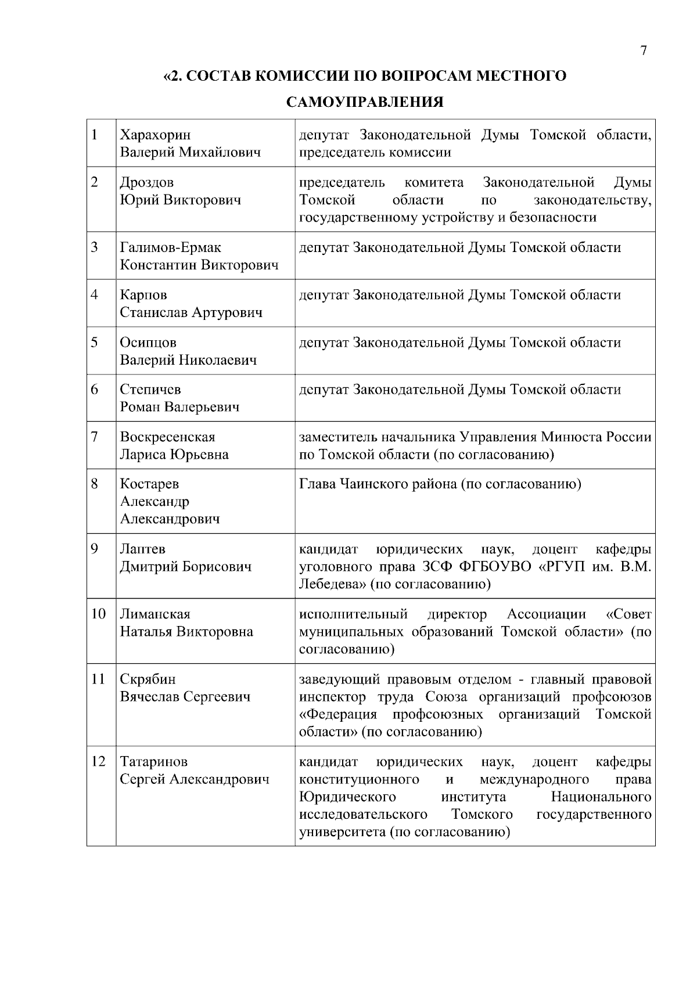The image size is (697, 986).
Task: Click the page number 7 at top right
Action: [x=643, y=51]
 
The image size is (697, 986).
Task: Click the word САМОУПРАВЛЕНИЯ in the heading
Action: [x=365, y=103]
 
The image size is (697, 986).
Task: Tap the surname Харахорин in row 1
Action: [x=155, y=135]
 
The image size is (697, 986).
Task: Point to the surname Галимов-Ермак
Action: [x=170, y=247]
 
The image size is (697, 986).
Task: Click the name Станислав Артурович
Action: [x=191, y=312]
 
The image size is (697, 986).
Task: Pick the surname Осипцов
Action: [x=148, y=342]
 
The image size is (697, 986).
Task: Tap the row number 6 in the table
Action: [x=95, y=389]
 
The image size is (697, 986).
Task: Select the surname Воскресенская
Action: [x=167, y=437]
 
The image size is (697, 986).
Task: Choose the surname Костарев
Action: [x=149, y=484]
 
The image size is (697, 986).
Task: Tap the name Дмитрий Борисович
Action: [x=186, y=566]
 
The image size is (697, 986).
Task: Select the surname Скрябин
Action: [x=148, y=679]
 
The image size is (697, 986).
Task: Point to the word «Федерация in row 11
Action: [x=338, y=714]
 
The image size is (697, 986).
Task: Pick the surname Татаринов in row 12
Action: [x=154, y=761]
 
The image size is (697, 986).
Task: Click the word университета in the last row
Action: [x=342, y=832]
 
